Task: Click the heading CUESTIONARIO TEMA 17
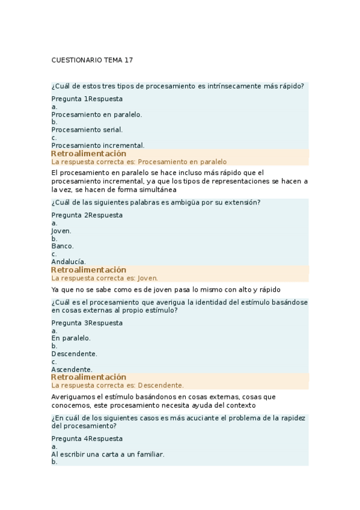click(92, 60)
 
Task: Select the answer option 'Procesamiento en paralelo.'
click(96, 114)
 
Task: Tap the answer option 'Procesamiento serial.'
click(87, 129)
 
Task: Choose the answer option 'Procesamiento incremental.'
click(97, 145)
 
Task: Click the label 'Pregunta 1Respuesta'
click(87, 99)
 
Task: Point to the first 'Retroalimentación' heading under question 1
click(88, 153)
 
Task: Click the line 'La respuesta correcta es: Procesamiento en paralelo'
click(139, 162)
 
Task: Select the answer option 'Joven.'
click(61, 230)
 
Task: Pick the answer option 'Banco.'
click(63, 246)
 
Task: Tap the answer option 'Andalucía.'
click(69, 262)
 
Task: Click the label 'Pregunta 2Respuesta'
click(87, 215)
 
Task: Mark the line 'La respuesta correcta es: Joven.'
click(105, 278)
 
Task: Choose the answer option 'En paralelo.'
click(71, 338)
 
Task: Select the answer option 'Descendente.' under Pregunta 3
click(74, 354)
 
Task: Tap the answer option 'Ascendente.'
click(72, 369)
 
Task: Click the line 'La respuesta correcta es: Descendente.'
click(117, 385)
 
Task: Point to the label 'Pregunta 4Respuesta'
click(87, 438)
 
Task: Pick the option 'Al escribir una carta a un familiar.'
click(108, 454)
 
